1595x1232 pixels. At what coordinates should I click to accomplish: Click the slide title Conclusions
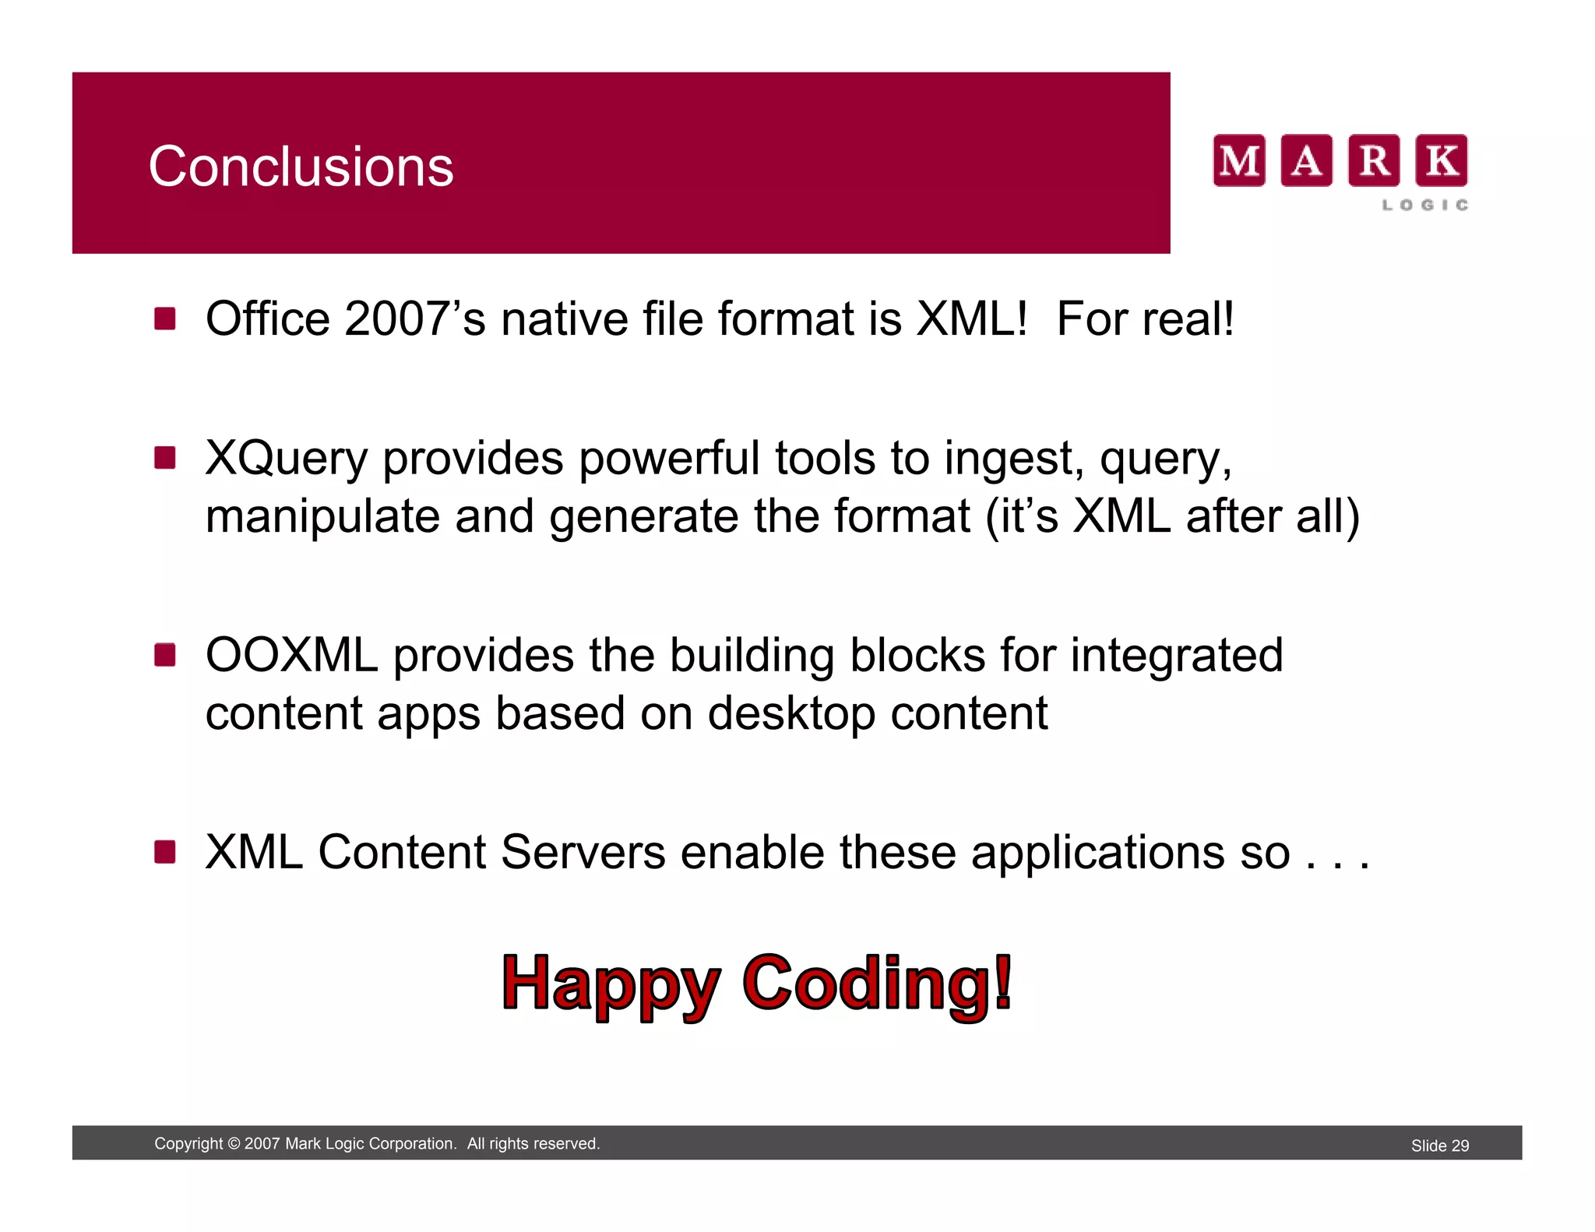(x=301, y=167)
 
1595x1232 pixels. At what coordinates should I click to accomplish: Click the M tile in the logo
(x=1238, y=160)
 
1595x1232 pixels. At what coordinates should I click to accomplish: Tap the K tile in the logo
(x=1441, y=160)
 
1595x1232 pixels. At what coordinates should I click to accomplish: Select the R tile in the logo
(x=1374, y=160)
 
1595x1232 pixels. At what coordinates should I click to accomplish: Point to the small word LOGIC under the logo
(x=1424, y=205)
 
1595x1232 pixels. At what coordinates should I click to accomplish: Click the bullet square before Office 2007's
(x=164, y=319)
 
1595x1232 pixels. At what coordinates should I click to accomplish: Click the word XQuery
(x=286, y=459)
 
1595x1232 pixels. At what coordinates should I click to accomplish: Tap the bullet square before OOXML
(x=164, y=655)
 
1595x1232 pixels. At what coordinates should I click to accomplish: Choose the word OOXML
(x=291, y=655)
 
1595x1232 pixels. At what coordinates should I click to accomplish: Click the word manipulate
(x=322, y=517)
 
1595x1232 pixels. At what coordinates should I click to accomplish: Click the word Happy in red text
(x=611, y=984)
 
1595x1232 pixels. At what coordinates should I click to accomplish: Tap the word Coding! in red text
(x=877, y=984)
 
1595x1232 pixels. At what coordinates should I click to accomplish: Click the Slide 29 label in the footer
(x=1439, y=1146)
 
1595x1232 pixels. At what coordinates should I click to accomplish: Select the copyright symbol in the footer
(x=233, y=1144)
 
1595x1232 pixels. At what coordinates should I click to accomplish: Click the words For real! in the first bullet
(x=1145, y=319)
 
